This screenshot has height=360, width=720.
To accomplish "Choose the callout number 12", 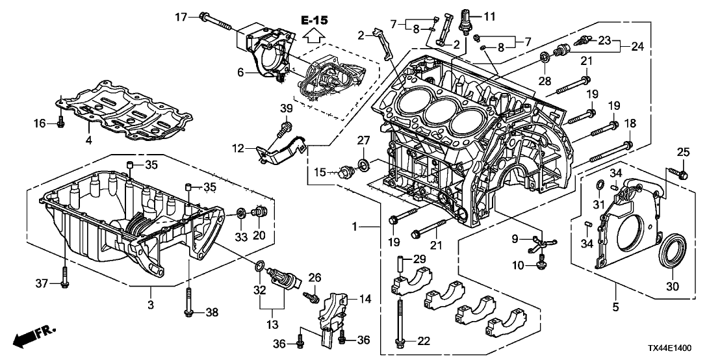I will tap(239, 149).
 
